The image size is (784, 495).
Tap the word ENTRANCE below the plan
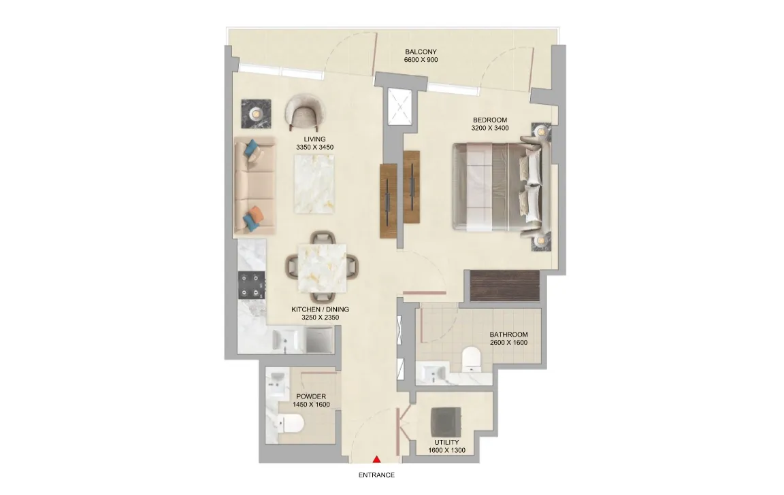[x=376, y=475]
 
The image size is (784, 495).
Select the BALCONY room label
[x=421, y=52]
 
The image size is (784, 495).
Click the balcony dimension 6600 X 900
[x=421, y=60]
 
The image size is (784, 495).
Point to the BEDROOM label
[x=490, y=120]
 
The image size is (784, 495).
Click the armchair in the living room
[x=305, y=112]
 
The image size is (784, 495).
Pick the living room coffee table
[x=314, y=184]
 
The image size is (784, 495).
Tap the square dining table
[x=323, y=268]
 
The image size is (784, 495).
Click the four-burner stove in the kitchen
[x=252, y=286]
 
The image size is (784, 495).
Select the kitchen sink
[x=286, y=341]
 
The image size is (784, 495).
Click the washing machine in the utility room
[x=446, y=422]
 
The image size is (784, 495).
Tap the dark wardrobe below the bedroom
[x=505, y=286]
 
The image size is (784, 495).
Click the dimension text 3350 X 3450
[x=314, y=148]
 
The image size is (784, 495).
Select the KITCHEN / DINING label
[x=320, y=309]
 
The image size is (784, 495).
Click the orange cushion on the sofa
[x=256, y=213]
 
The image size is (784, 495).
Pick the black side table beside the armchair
[x=256, y=114]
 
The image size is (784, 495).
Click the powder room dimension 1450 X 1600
[x=311, y=405]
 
